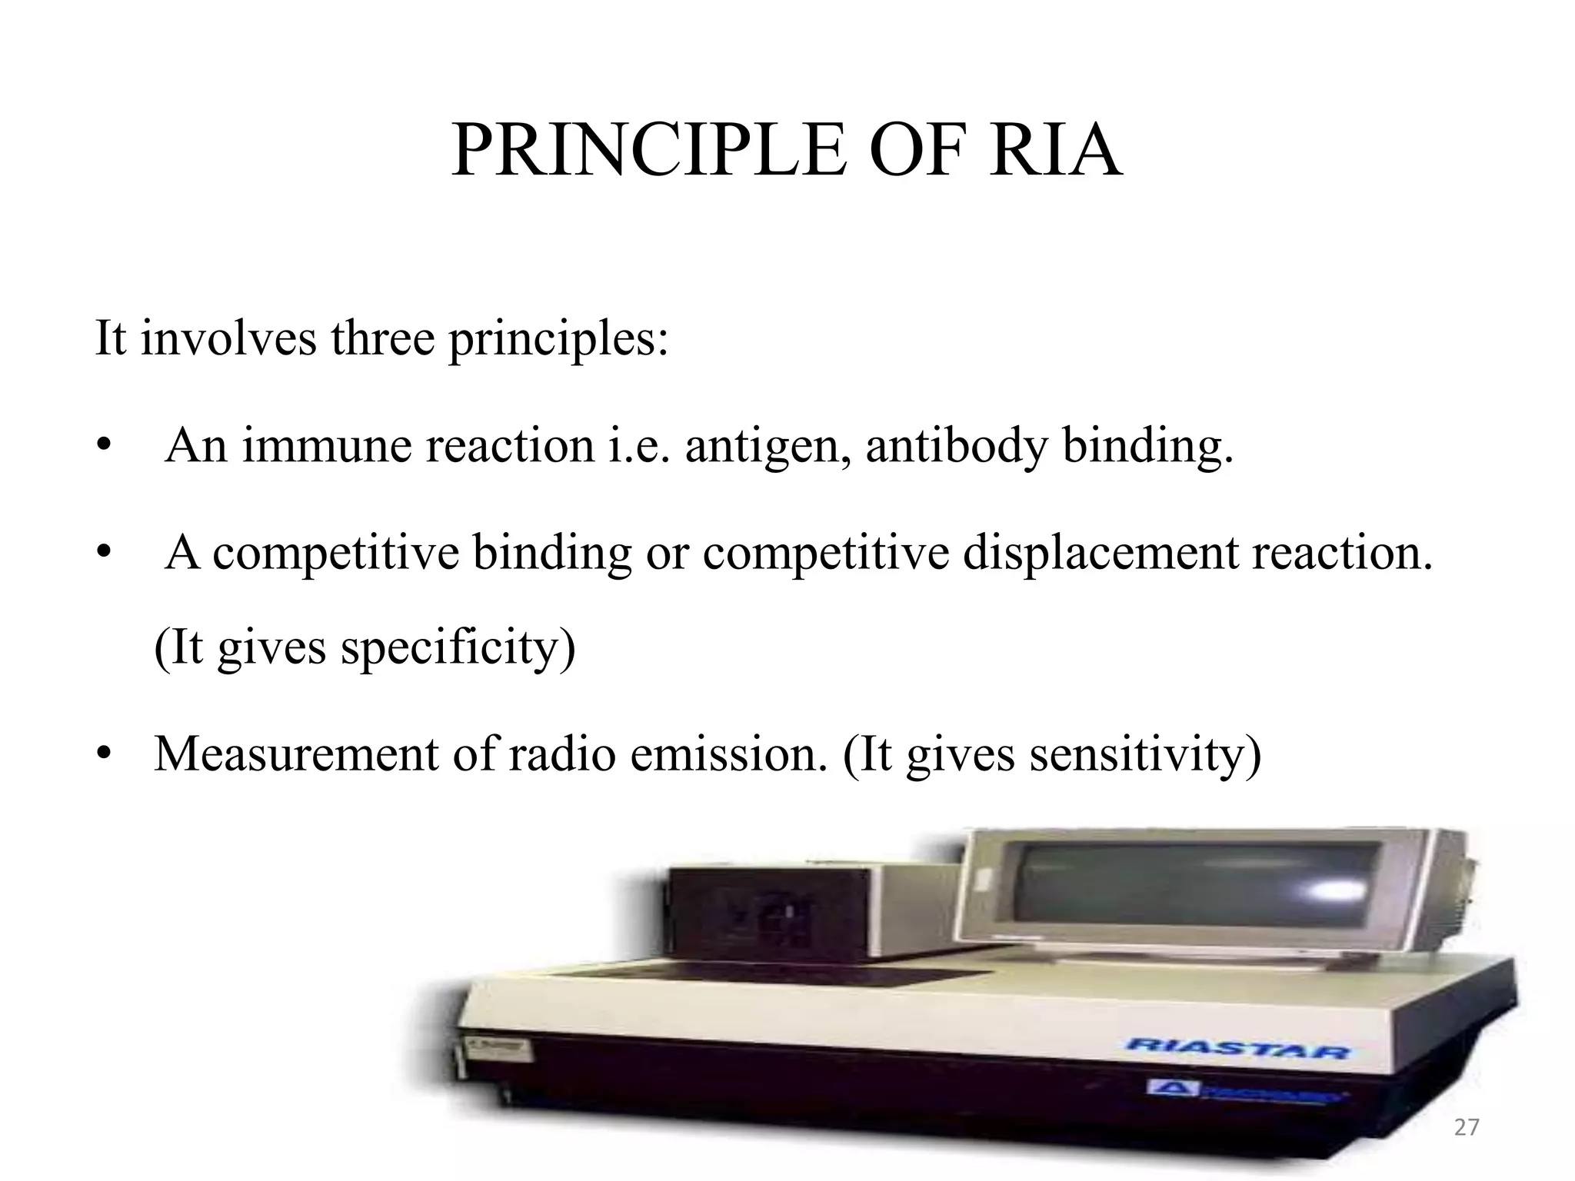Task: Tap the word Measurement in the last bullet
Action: click(x=296, y=754)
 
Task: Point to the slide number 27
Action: click(x=1467, y=1127)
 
